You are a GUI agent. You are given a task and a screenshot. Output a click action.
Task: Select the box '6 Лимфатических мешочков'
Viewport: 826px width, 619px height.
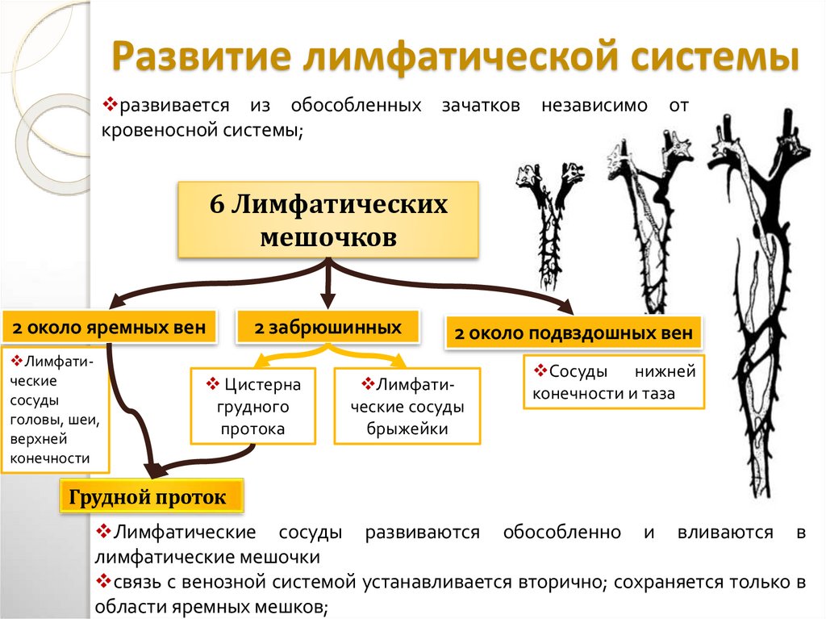(327, 220)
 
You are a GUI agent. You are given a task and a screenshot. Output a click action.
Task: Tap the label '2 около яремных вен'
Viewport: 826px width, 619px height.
(109, 328)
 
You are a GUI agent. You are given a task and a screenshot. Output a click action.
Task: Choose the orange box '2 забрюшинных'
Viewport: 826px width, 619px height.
(327, 327)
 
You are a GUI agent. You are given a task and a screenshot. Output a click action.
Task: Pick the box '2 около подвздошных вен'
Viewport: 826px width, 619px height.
(573, 333)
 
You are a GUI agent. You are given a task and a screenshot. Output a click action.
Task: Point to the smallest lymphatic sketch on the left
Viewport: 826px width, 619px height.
(551, 226)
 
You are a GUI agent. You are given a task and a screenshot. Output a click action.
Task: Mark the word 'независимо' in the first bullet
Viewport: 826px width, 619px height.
(583, 106)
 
